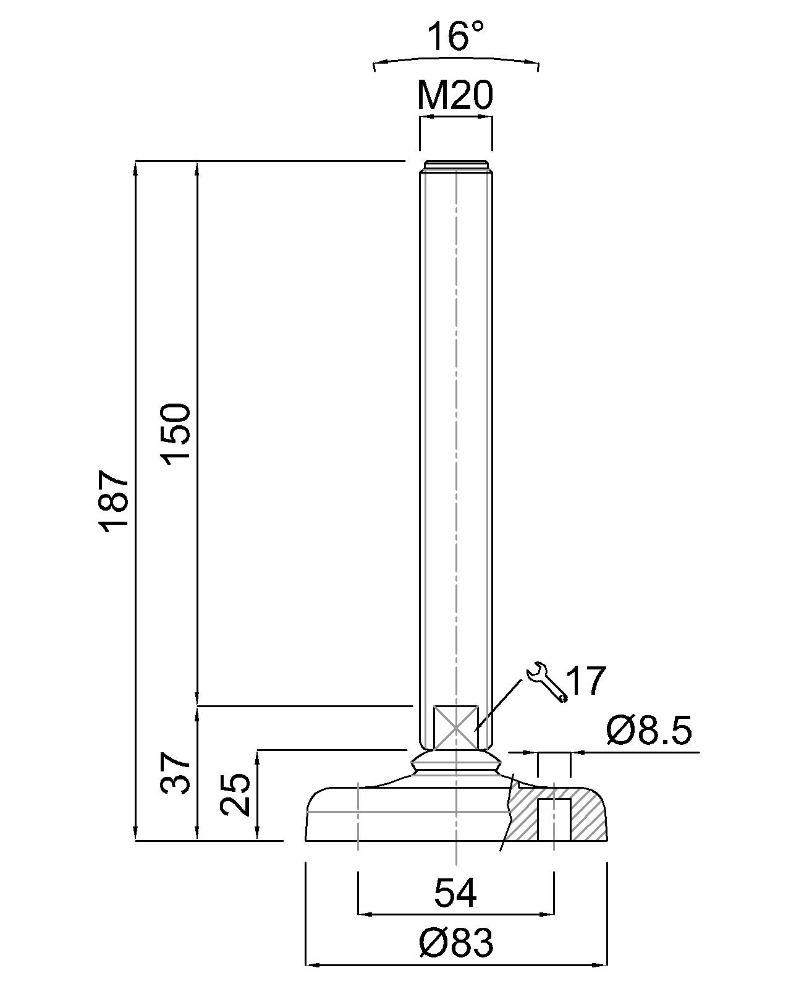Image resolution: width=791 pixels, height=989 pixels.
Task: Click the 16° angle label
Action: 456,37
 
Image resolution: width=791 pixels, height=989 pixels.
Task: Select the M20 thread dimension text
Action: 455,96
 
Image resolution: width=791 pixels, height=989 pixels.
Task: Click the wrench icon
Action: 546,682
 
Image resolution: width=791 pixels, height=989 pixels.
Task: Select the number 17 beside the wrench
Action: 586,682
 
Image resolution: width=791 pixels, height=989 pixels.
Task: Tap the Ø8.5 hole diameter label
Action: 649,731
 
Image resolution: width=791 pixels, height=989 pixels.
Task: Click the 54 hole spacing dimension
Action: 455,893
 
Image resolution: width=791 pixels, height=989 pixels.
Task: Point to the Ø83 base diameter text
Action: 455,943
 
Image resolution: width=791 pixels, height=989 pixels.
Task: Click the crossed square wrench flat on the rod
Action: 455,728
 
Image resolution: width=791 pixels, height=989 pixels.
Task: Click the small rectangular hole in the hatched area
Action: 554,820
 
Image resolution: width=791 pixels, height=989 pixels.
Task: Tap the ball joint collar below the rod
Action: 455,763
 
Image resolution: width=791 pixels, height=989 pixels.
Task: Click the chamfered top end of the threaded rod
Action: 455,166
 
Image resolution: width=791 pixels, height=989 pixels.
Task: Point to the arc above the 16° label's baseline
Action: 456,60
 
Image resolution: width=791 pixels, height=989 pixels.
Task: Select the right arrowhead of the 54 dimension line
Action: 548,914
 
